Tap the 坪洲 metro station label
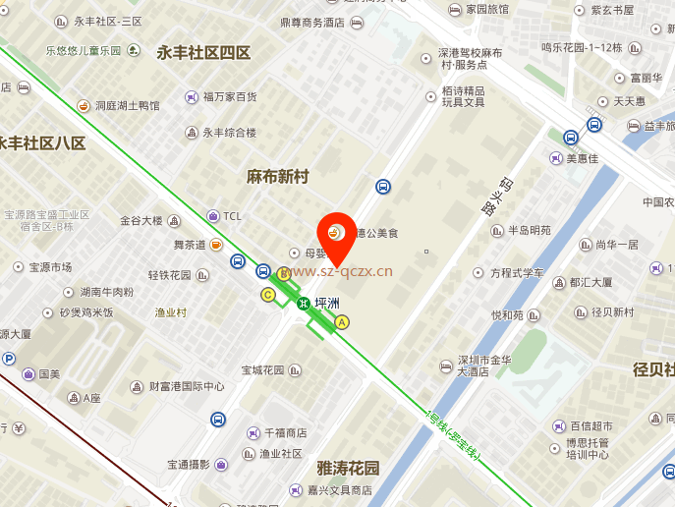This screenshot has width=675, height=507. pyautogui.click(x=327, y=303)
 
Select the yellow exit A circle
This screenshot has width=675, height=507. pyautogui.click(x=342, y=321)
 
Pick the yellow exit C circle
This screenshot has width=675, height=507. pyautogui.click(x=267, y=294)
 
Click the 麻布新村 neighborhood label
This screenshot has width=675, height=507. pyautogui.click(x=277, y=177)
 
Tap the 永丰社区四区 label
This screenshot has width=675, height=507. pyautogui.click(x=203, y=53)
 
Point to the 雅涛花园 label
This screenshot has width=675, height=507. pyautogui.click(x=348, y=468)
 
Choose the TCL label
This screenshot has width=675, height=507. pyautogui.click(x=232, y=216)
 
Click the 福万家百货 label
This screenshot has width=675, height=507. pyautogui.click(x=229, y=96)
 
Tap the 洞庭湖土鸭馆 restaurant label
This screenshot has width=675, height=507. pyautogui.click(x=126, y=105)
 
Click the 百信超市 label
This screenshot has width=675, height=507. pyautogui.click(x=592, y=425)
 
